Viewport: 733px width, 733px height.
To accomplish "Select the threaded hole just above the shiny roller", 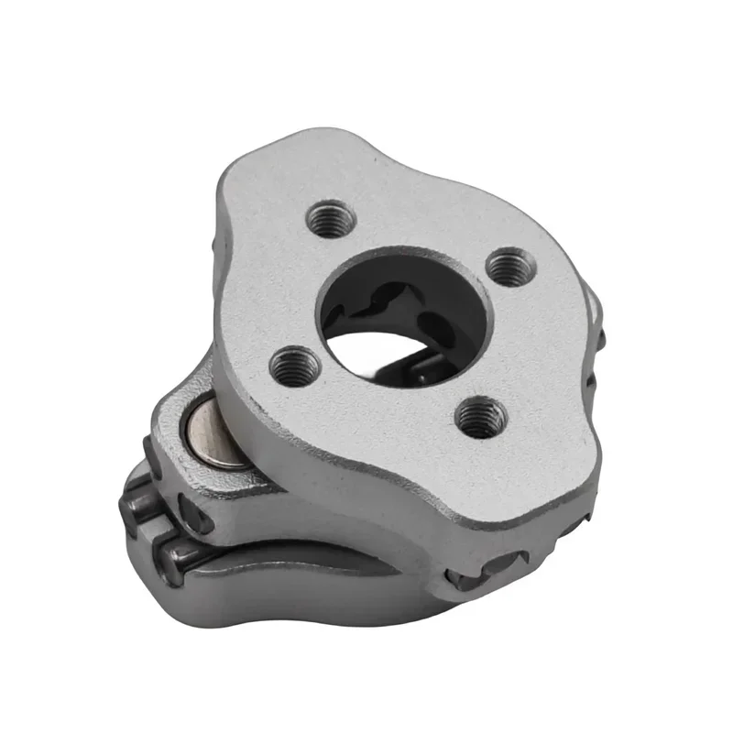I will (296, 366).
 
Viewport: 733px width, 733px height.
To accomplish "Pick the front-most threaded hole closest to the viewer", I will (480, 418).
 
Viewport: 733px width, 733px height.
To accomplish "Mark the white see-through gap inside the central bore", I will (385, 349).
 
